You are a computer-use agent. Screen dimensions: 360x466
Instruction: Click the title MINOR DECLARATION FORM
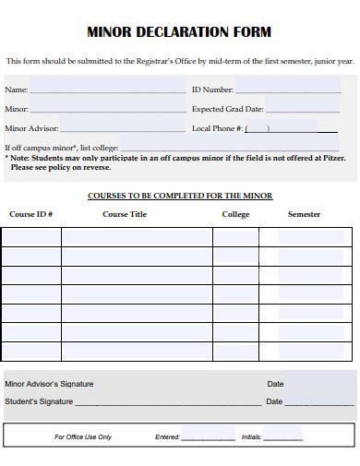pos(179,32)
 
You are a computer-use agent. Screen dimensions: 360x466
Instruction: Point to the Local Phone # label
pos(216,128)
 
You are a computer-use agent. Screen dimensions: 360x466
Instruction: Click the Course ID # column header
pos(30,214)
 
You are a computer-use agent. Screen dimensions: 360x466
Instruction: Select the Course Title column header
pos(124,214)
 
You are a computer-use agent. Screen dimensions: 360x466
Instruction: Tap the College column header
pos(235,214)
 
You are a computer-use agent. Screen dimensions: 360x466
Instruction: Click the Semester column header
pos(304,214)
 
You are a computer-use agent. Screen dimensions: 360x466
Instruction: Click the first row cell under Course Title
pos(137,237)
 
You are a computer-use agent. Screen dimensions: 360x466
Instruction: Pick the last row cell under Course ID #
pos(31,352)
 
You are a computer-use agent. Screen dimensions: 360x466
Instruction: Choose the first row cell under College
pos(235,237)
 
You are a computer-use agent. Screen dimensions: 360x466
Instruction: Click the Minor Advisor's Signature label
pos(49,384)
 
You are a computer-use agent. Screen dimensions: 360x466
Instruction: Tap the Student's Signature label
pos(39,401)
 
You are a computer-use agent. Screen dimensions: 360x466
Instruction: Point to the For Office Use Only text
pos(83,436)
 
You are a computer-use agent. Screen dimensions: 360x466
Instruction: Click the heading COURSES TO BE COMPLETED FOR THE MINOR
pos(179,196)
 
